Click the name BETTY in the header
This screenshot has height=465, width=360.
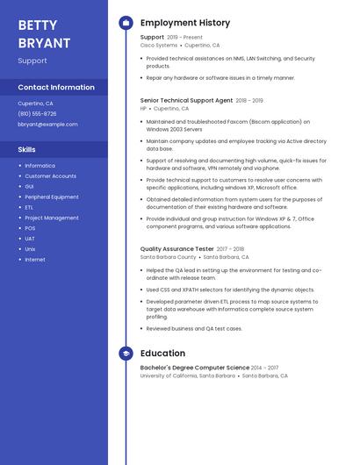click(x=38, y=25)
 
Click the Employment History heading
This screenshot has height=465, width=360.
click(x=185, y=23)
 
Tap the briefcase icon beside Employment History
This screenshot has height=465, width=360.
click(x=126, y=23)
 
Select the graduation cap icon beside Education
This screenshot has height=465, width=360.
click(x=126, y=354)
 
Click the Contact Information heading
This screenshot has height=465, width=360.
click(x=56, y=87)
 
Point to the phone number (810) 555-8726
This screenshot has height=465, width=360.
click(x=37, y=113)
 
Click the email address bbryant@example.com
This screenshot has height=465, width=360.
click(x=47, y=124)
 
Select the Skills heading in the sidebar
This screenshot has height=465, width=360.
click(x=26, y=149)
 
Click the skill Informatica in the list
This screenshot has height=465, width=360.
click(x=40, y=165)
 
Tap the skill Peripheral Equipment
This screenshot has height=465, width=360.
click(x=51, y=197)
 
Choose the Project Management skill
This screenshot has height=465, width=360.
click(x=52, y=218)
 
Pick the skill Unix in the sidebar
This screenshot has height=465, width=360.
click(x=30, y=249)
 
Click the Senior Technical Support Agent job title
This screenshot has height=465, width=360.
click(x=186, y=100)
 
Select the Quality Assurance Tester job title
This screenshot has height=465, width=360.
click(x=176, y=248)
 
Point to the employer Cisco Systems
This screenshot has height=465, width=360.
click(x=159, y=45)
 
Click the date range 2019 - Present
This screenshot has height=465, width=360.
click(x=184, y=37)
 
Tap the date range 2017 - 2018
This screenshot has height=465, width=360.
click(x=230, y=248)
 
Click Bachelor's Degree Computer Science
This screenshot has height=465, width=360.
click(x=194, y=367)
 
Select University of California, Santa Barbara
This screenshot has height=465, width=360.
click(x=188, y=376)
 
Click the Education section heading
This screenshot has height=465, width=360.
click(x=162, y=354)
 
